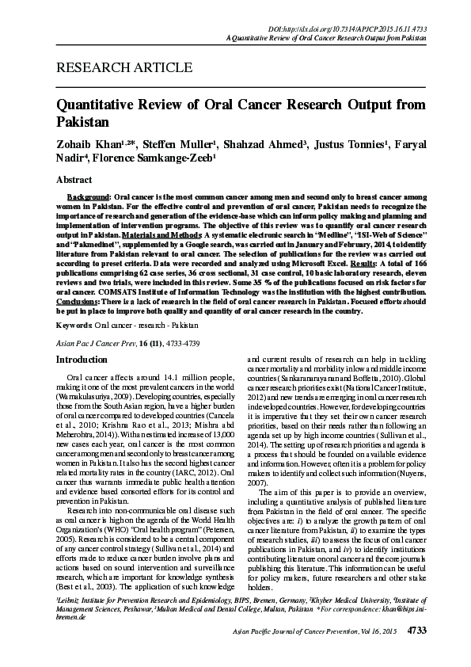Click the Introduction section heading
point(81,360)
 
